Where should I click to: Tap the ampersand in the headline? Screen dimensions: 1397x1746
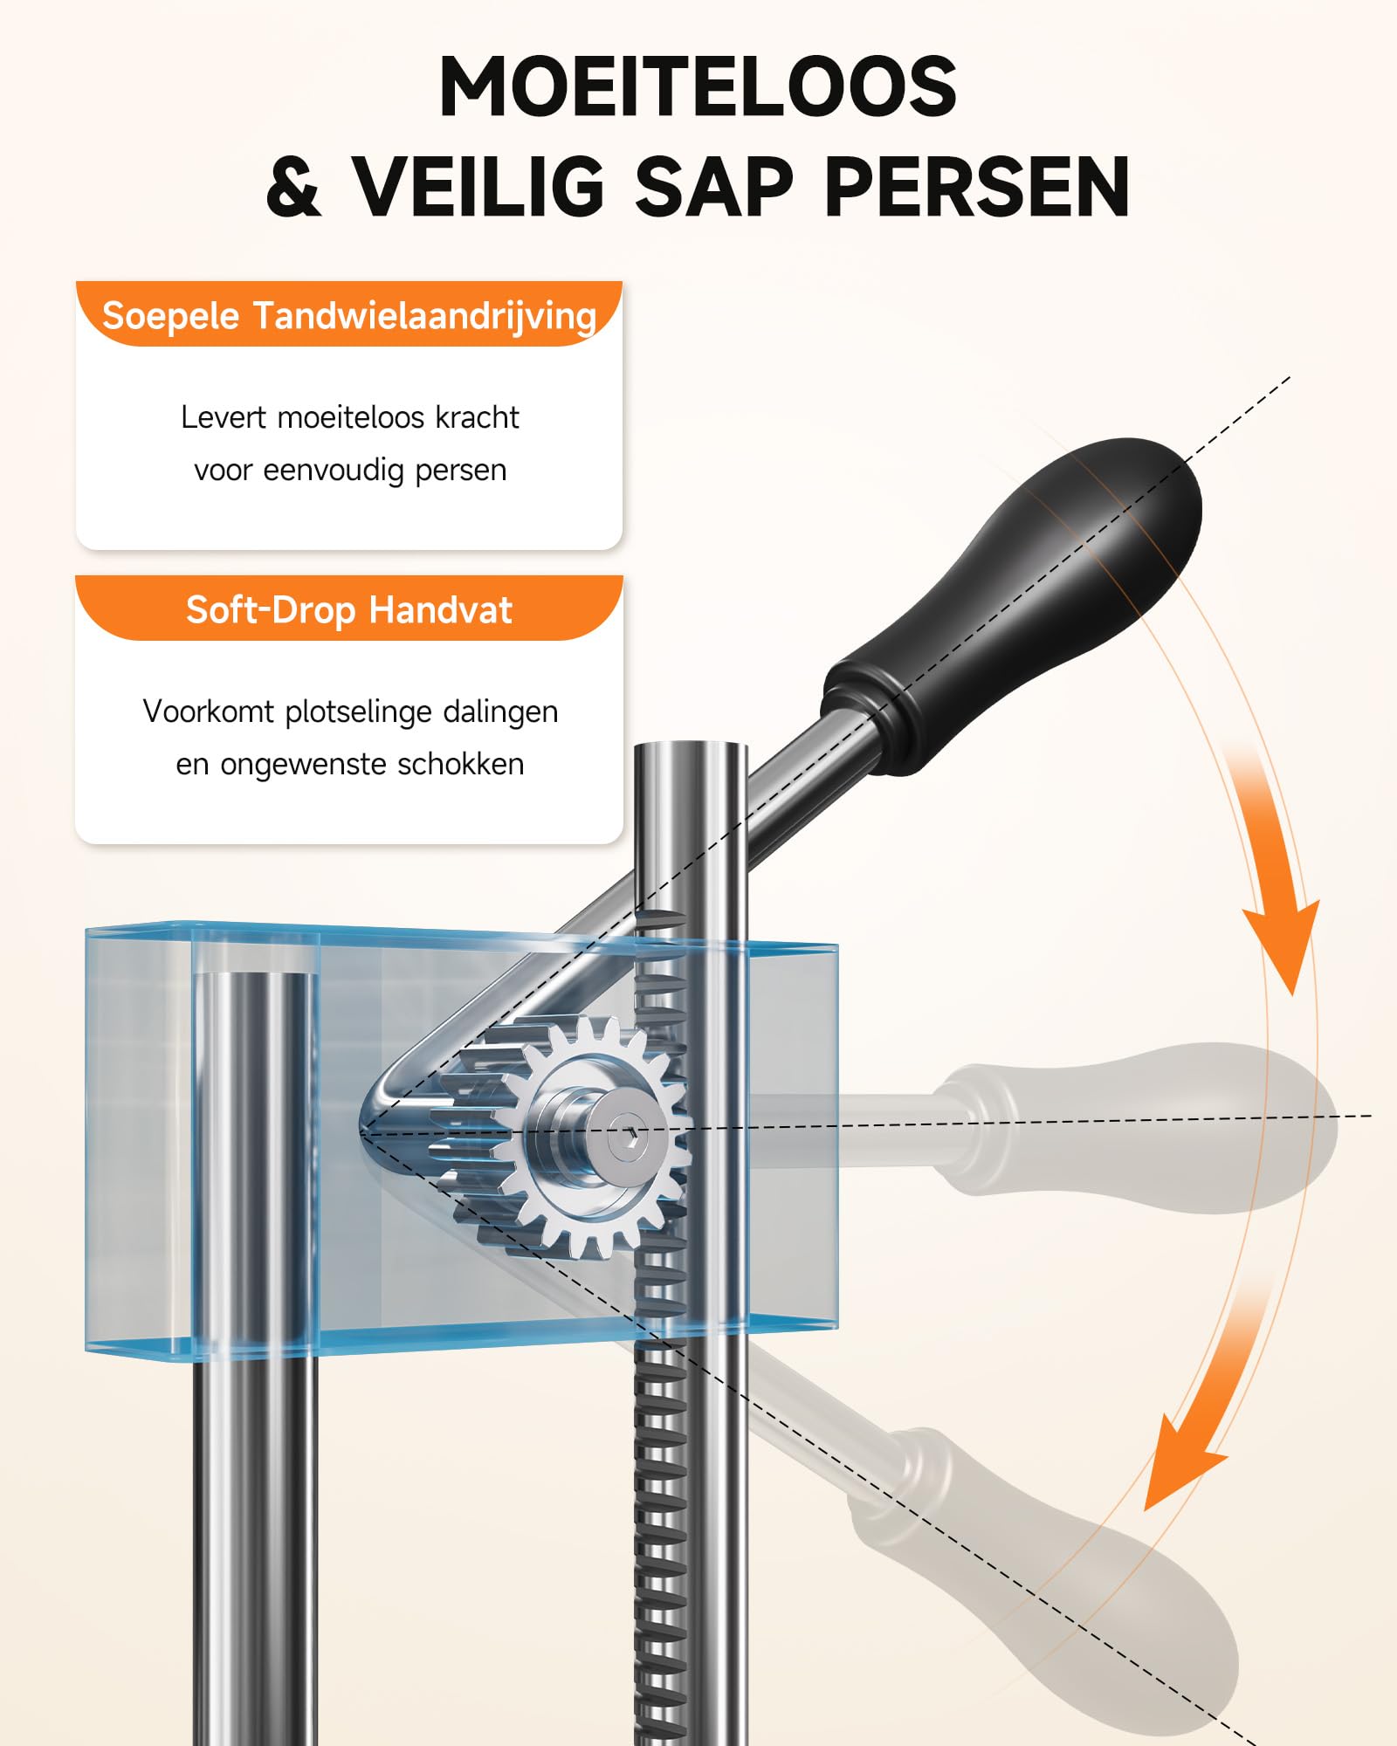pos(294,187)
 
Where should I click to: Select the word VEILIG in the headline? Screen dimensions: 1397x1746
pos(478,187)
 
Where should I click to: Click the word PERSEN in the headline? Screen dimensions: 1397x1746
pos(976,187)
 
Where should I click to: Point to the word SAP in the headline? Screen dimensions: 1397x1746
pos(713,187)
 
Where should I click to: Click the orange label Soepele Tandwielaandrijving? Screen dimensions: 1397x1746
pos(349,315)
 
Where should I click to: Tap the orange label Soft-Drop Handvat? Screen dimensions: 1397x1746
pos(349,609)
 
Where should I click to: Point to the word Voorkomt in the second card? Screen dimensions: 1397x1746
pos(209,711)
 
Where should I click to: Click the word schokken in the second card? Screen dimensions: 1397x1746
pos(460,764)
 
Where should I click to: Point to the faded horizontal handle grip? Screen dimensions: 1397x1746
pos(1135,1128)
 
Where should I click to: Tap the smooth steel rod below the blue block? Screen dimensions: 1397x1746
pos(255,1550)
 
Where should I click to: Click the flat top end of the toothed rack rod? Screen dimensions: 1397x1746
pos(691,748)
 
